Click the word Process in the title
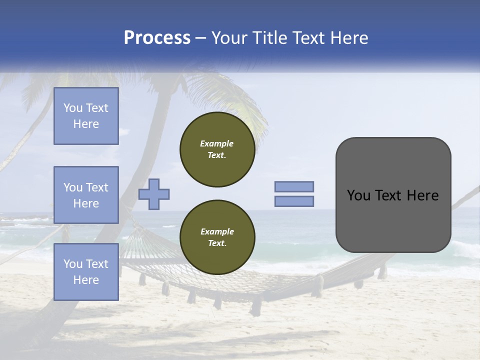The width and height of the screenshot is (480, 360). tap(157, 38)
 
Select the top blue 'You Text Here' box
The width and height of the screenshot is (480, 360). tap(86, 116)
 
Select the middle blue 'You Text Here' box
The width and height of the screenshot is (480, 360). tap(86, 195)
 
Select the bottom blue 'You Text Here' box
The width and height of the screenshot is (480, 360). tap(86, 272)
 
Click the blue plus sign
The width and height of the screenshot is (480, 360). tap(154, 194)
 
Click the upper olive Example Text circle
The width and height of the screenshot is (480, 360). tap(217, 149)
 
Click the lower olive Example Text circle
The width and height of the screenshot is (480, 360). tap(217, 237)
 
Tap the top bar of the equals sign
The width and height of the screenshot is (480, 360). tap(294, 186)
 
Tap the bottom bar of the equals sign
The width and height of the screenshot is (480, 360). tap(294, 201)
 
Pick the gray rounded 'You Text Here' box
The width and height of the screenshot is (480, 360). tap(393, 195)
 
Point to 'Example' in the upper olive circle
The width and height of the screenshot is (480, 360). tap(217, 143)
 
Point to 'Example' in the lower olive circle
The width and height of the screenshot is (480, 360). tap(217, 231)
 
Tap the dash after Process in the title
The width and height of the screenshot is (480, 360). tap(200, 38)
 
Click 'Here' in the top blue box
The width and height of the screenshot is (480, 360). tap(86, 124)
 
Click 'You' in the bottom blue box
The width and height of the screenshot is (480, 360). tap(73, 264)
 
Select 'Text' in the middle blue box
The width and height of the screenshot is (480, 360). tap(96, 187)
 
